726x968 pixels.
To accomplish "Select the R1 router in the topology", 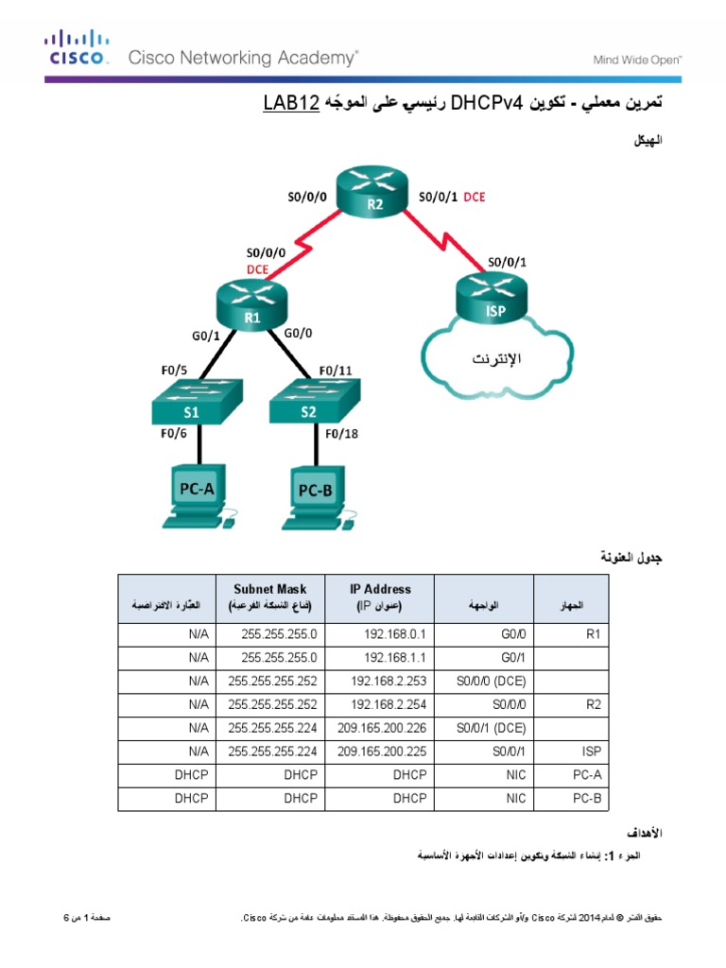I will pyautogui.click(x=252, y=308).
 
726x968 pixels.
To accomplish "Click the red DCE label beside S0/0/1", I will pyautogui.click(x=475, y=198).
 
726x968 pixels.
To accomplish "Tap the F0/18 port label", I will pyautogui.click(x=342, y=436).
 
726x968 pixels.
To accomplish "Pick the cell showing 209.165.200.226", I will pyautogui.click(x=380, y=728).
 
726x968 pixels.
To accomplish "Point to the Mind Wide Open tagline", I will pyautogui.click(x=637, y=60).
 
